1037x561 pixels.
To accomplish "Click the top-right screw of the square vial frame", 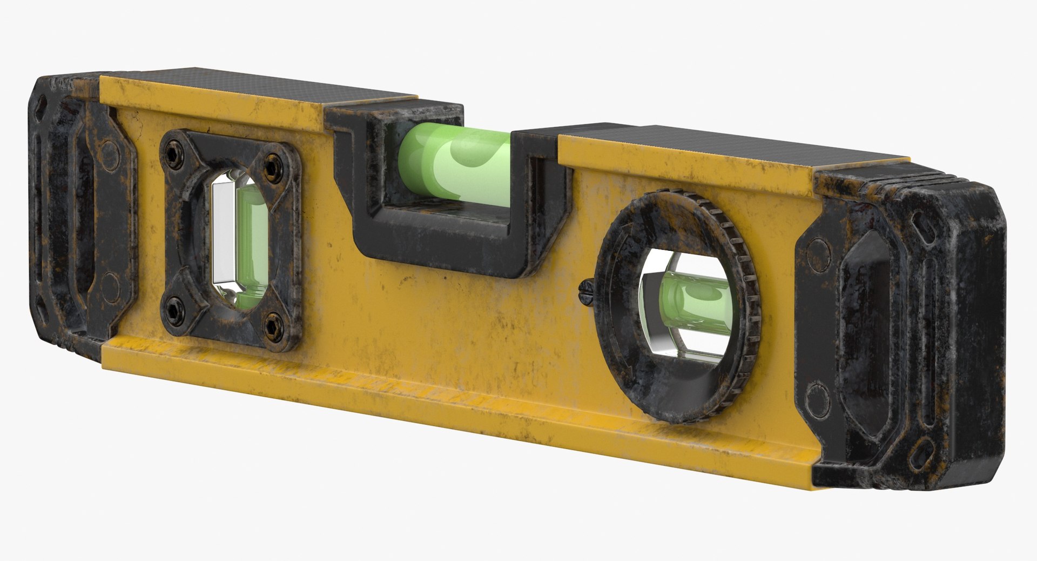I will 272,162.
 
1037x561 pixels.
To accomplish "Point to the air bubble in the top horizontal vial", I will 475,157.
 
